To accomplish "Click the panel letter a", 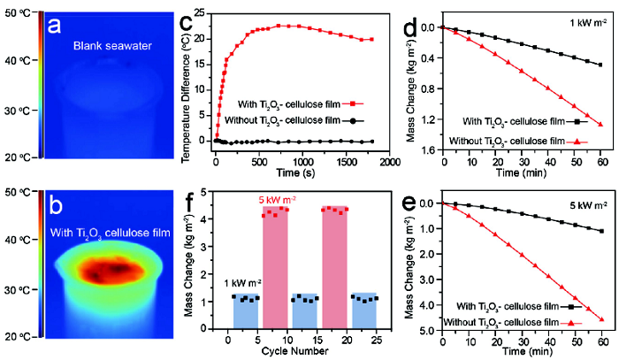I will click(x=54, y=26).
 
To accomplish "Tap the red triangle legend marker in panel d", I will click(x=577, y=141).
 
